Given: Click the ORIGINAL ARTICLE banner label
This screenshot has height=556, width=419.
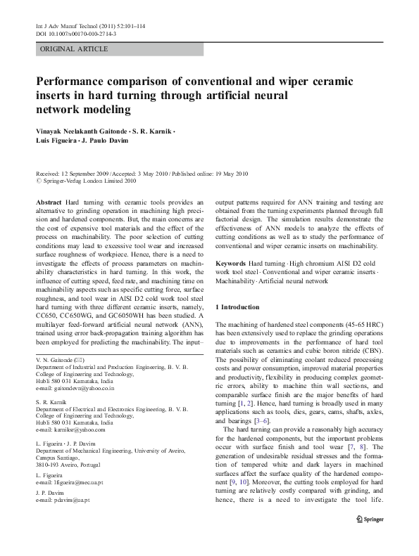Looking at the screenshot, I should coord(74,49).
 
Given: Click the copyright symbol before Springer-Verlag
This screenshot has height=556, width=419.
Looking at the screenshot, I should coord(38,180).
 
